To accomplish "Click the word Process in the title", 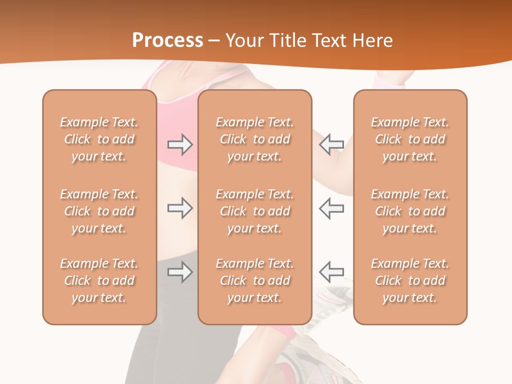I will (x=167, y=40).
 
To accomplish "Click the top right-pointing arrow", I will (x=180, y=145).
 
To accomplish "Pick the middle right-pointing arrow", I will (x=180, y=208).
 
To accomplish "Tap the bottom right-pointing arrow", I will (x=180, y=273).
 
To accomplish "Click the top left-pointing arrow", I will (x=331, y=144).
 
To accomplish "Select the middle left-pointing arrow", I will (x=331, y=208).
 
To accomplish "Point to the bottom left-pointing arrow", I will (x=331, y=272).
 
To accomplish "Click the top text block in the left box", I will (x=99, y=139).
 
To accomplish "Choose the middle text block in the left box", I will (x=99, y=211).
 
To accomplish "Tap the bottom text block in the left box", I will (x=99, y=281).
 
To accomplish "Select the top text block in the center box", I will (x=254, y=139).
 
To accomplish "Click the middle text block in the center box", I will (x=254, y=211).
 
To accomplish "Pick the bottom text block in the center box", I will (x=254, y=281).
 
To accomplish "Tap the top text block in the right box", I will (x=410, y=139).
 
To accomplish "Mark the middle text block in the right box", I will (x=410, y=211).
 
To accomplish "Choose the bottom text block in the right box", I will (x=410, y=281).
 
